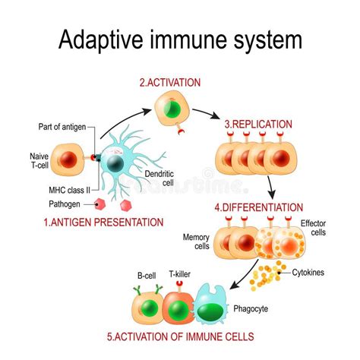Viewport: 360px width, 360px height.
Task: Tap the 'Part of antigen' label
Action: (66, 126)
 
